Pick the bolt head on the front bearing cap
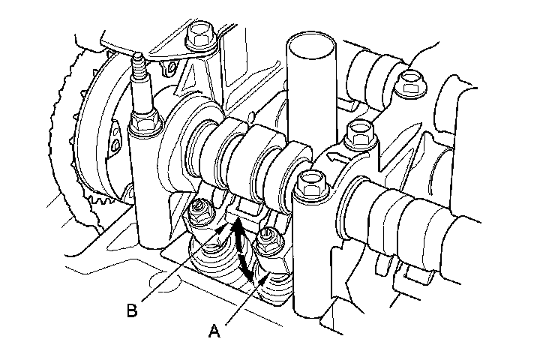309,184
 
